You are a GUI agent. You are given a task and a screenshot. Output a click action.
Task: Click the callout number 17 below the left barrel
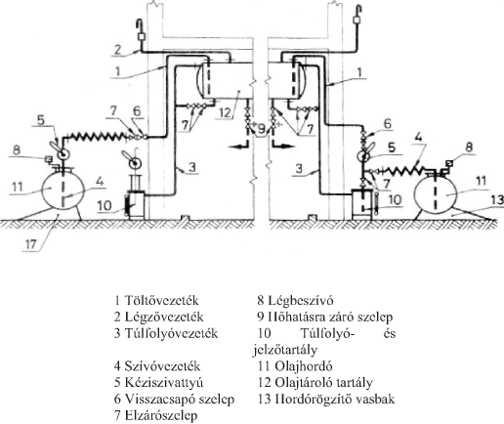pos(30,244)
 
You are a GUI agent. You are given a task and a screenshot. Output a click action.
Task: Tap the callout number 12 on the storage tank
pos(225,112)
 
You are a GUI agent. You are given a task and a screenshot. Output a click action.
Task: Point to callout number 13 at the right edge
pos(497,200)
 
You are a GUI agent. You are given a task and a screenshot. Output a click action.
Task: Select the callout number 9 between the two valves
pos(262,129)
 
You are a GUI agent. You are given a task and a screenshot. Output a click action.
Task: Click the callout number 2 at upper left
pos(117,49)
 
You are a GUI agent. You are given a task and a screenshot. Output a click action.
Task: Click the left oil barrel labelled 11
pos(63,191)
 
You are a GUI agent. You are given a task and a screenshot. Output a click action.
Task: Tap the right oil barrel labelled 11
pos(435,193)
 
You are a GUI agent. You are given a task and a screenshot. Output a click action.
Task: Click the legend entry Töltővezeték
pos(156,300)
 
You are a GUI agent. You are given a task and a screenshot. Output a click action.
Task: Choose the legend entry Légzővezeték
pos(158,317)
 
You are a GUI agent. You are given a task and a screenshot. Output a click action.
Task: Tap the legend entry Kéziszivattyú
pos(158,382)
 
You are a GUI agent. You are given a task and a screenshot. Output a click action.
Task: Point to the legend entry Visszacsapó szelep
pos(174,399)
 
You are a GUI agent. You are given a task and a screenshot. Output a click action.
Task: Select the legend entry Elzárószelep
pos(155,415)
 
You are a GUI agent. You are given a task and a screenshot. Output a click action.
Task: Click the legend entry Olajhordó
pos(295,366)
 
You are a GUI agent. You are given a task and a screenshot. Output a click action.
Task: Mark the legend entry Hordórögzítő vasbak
pos(326,399)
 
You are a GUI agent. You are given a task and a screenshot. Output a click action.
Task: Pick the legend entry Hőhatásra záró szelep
pos(325,317)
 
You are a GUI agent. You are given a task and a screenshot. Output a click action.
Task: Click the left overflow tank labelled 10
pos(136,205)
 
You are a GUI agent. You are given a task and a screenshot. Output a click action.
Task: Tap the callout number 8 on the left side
pos(17,150)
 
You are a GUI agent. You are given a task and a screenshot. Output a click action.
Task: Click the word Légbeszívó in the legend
pos(301,300)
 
